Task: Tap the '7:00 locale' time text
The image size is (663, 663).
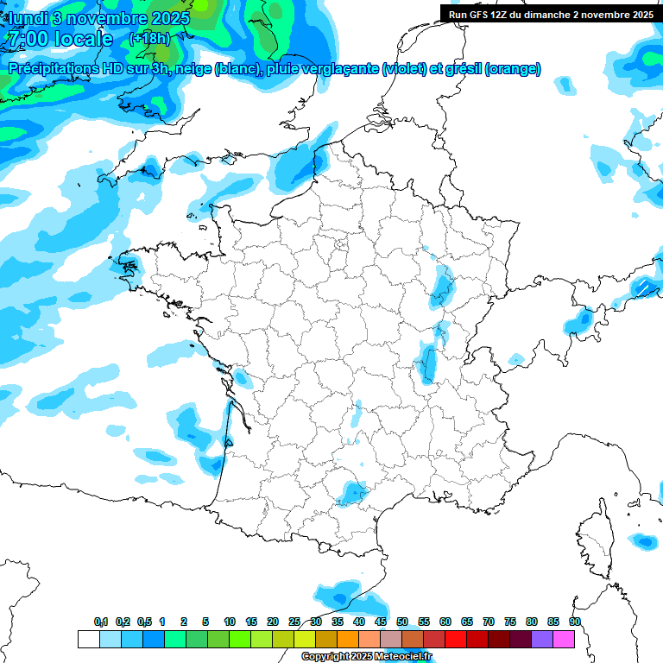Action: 59,39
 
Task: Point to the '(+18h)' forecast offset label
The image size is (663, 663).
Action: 149,39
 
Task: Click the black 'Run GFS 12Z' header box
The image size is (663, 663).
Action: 550,14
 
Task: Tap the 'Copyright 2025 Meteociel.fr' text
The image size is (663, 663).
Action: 366,657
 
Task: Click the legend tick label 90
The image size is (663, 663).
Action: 574,622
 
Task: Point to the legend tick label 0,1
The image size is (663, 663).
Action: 100,622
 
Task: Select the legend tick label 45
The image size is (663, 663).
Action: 381,622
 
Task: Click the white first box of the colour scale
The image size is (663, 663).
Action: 88,639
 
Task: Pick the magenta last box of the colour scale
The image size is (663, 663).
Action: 564,639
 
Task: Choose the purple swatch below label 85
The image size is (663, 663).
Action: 542,639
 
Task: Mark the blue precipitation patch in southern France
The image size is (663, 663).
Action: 353,493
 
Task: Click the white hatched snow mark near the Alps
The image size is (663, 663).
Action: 643,286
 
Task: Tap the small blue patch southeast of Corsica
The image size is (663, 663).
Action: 643,541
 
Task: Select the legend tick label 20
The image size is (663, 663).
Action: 273,622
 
